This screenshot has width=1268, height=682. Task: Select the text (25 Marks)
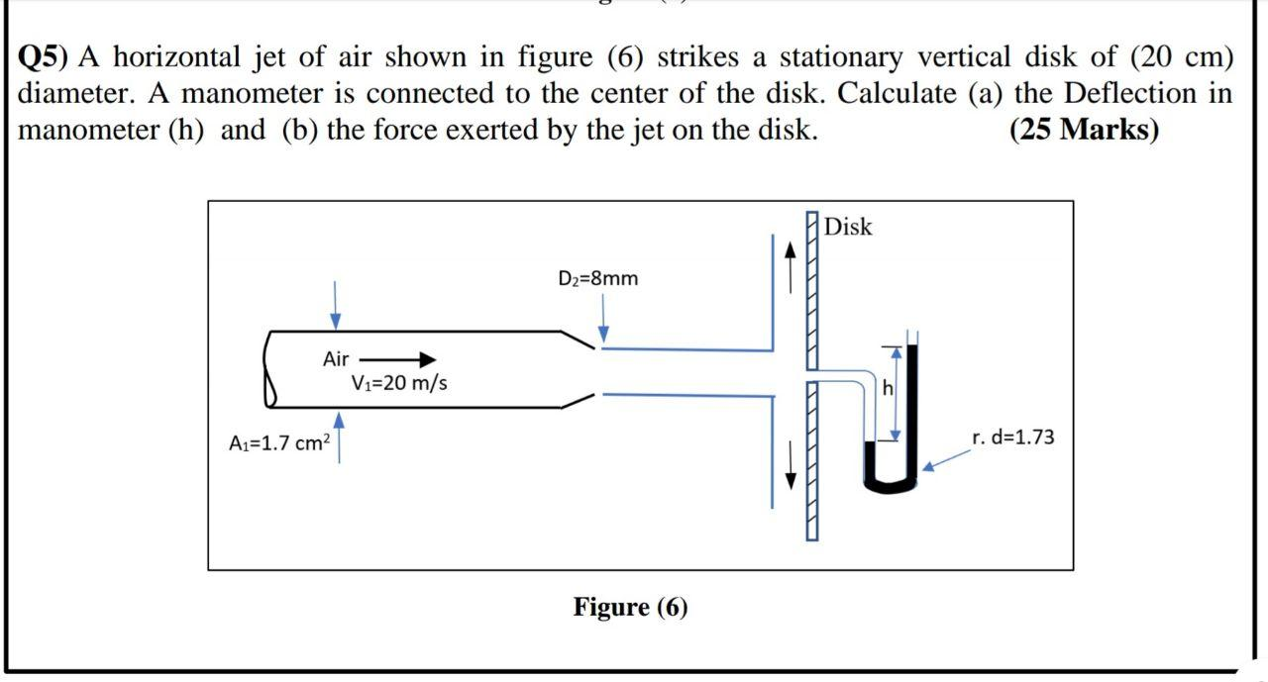(1083, 130)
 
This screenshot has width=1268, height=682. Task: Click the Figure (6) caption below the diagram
(629, 607)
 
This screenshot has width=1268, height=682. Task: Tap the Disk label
(848, 227)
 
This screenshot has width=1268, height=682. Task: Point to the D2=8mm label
(598, 278)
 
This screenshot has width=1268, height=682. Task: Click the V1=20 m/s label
(399, 383)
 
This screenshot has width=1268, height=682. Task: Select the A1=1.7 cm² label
(278, 443)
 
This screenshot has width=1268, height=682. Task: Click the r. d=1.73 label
(1012, 437)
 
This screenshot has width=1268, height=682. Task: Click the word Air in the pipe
(336, 359)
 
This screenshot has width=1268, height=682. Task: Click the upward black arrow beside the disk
(790, 263)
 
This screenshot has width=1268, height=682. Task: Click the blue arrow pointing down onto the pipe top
(336, 304)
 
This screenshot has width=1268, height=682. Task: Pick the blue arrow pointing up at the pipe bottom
(339, 437)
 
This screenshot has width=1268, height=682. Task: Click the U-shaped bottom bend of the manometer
(891, 484)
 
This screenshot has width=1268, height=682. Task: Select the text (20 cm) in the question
(1181, 57)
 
